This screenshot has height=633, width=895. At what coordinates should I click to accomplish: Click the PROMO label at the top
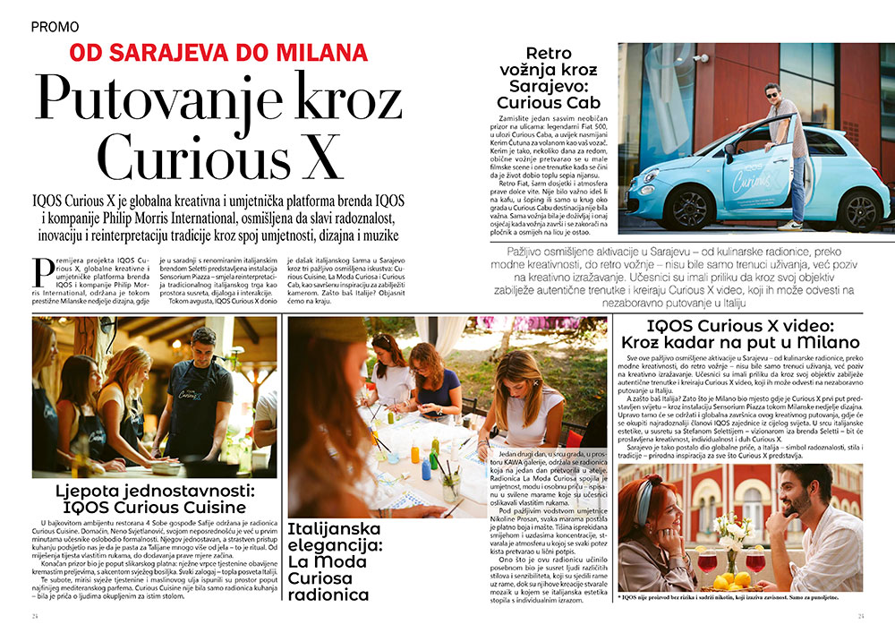click(x=55, y=27)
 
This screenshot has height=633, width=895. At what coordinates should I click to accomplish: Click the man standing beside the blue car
click(x=785, y=152)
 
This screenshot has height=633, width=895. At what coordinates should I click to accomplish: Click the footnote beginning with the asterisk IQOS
click(x=739, y=597)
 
